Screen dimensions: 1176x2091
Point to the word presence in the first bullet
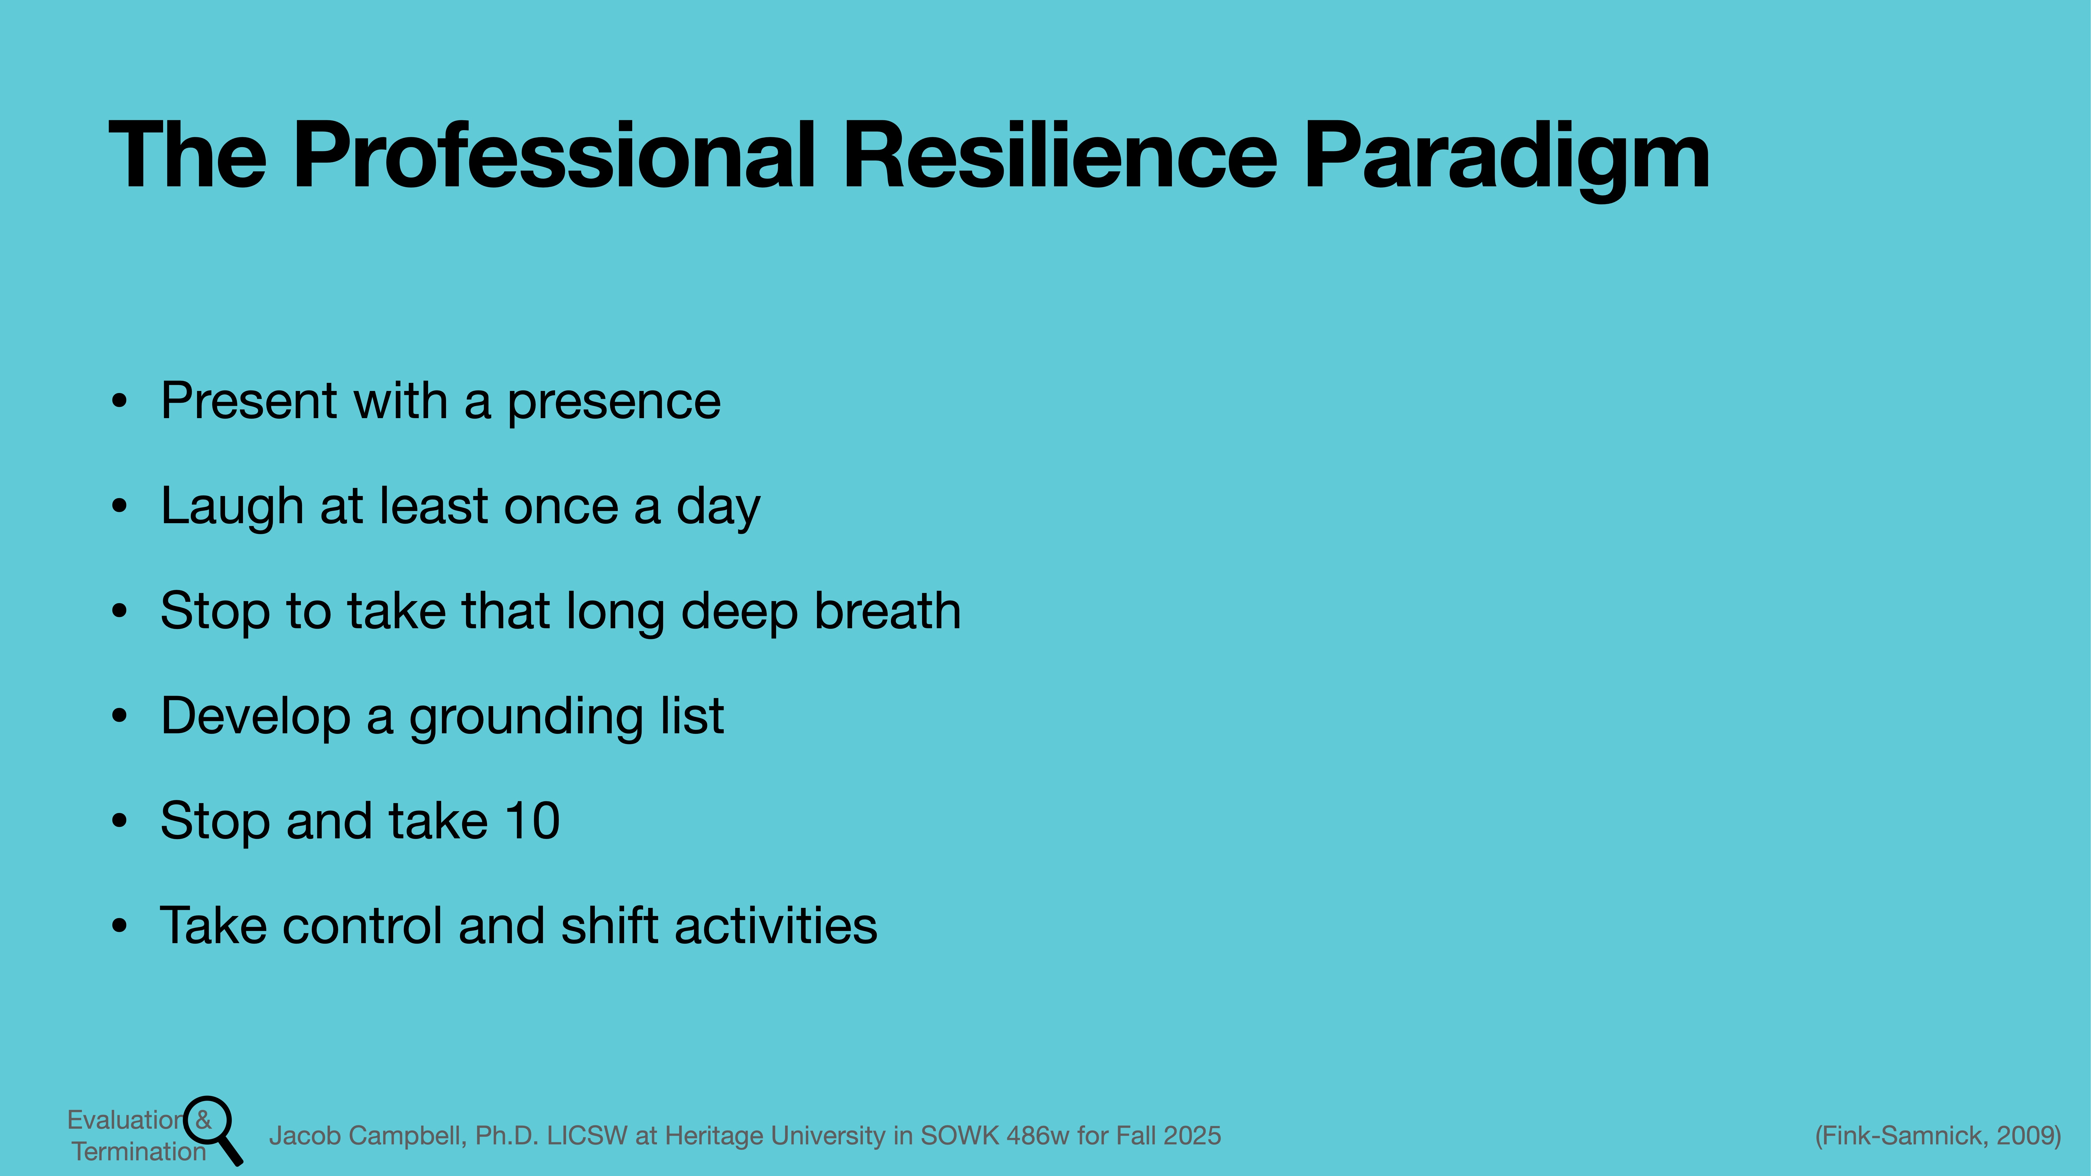coord(614,402)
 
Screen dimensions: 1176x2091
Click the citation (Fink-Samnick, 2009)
coord(1938,1135)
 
